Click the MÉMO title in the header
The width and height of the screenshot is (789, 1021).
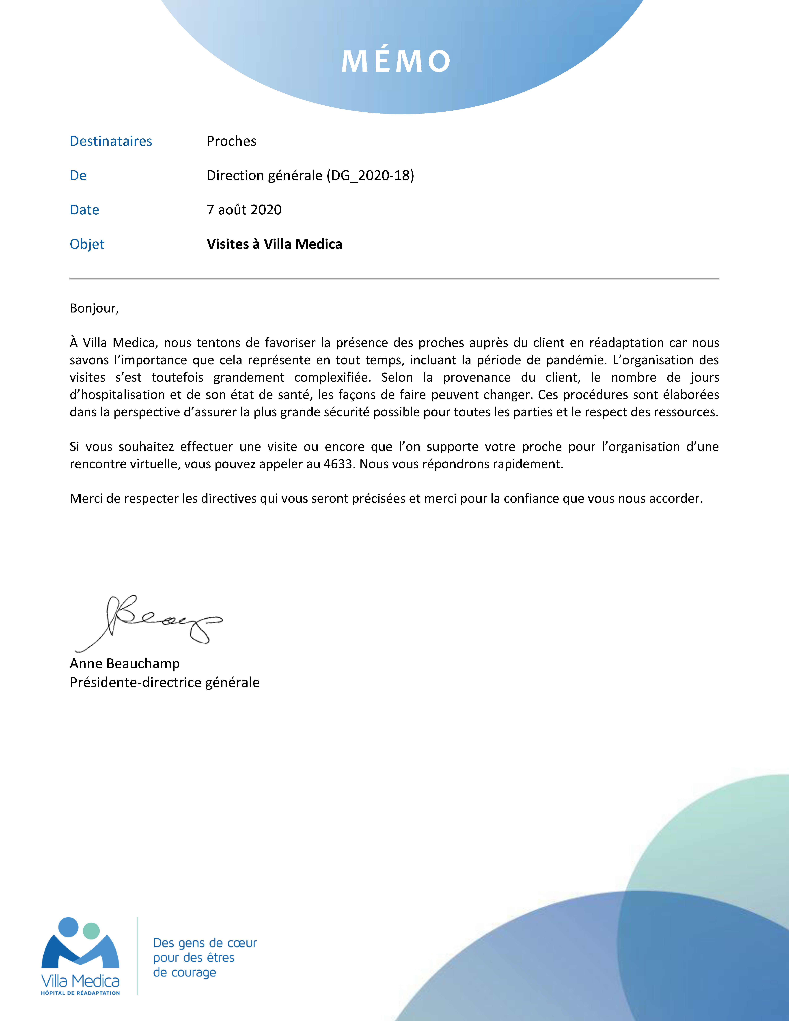coord(395,61)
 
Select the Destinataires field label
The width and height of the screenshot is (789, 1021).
coord(111,141)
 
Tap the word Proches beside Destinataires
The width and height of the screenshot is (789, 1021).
coord(231,141)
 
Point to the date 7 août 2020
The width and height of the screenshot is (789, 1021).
coord(244,210)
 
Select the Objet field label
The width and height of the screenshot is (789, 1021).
coord(87,244)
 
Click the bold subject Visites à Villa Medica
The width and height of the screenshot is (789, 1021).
coord(274,244)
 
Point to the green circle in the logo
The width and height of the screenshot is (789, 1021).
coord(91,931)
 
